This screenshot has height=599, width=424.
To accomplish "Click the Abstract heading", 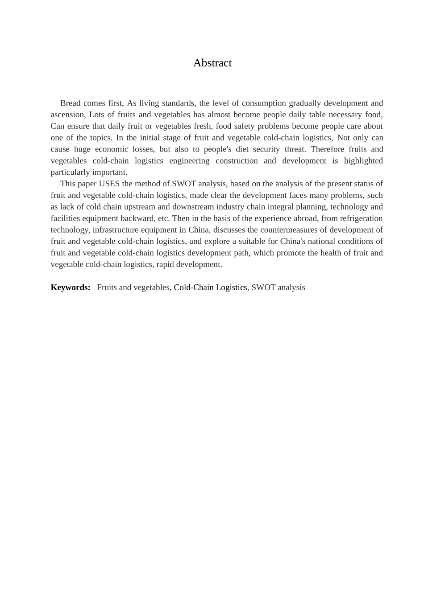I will (x=212, y=63).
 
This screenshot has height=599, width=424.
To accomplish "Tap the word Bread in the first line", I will (x=70, y=103).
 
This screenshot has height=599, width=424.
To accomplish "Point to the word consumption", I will (x=263, y=103).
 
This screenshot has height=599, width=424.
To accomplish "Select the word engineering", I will (x=188, y=161).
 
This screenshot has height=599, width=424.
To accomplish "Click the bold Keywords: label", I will (x=71, y=287).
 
